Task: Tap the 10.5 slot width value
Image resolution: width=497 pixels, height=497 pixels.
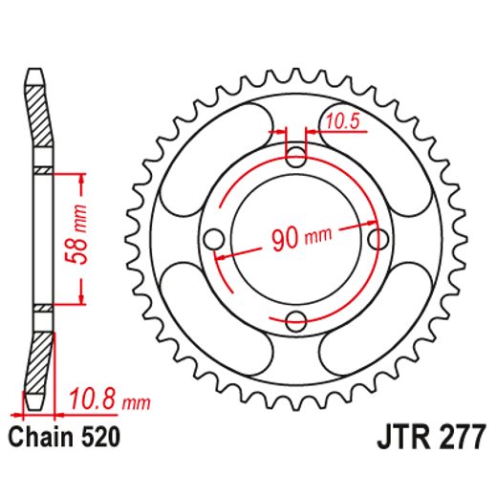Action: pos(341,120)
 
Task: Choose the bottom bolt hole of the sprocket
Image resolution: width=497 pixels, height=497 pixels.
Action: pos(296,319)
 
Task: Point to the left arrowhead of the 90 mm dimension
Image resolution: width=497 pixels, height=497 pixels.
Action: pos(223,257)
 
